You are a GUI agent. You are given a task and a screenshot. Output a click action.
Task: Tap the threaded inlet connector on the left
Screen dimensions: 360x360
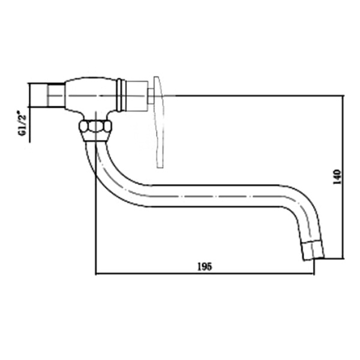click(x=50, y=94)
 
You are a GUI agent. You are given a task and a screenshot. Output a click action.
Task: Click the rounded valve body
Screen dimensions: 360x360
click(x=90, y=94)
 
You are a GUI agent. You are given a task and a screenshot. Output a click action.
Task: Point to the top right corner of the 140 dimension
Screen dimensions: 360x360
click(x=343, y=94)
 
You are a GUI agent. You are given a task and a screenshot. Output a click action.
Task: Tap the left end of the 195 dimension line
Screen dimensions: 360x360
click(x=96, y=275)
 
